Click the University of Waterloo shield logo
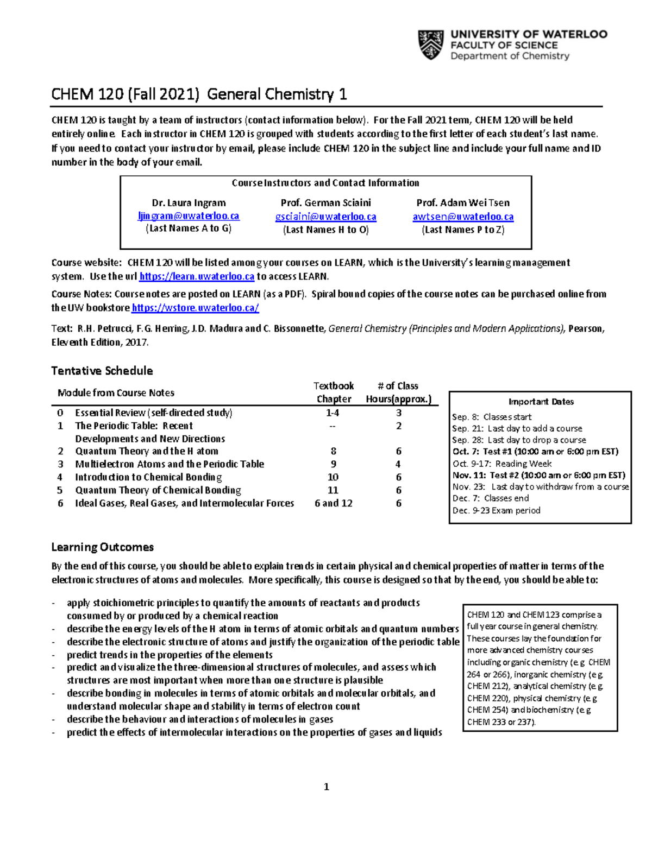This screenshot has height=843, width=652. pyautogui.click(x=430, y=45)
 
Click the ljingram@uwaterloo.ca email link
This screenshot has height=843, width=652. pyautogui.click(x=189, y=216)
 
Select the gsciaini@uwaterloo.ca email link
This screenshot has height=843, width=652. pyautogui.click(x=325, y=217)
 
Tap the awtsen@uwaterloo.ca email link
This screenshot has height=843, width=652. pyautogui.click(x=463, y=217)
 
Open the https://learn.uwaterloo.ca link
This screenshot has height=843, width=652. pyautogui.click(x=197, y=276)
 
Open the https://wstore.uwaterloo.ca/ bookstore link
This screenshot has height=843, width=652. pyautogui.click(x=195, y=308)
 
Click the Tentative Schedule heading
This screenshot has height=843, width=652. pyautogui.click(x=102, y=371)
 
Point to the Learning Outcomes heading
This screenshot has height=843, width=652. pyautogui.click(x=102, y=547)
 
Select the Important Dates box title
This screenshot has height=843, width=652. pyautogui.click(x=541, y=402)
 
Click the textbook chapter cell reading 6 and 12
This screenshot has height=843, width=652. pyautogui.click(x=333, y=503)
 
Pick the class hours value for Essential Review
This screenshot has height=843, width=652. pyautogui.click(x=398, y=413)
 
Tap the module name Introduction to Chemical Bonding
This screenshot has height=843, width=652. pyautogui.click(x=148, y=477)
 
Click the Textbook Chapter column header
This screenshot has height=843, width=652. pyautogui.click(x=333, y=392)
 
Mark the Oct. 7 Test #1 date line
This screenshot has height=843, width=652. pyautogui.click(x=535, y=452)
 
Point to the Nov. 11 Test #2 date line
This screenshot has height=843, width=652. pyautogui.click(x=538, y=475)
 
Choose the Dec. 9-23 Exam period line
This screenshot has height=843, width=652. pyautogui.click(x=496, y=510)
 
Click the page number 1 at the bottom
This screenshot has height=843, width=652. pyautogui.click(x=326, y=787)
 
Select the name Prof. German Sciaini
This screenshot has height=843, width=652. pyautogui.click(x=325, y=203)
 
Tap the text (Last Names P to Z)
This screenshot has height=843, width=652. pyautogui.click(x=463, y=230)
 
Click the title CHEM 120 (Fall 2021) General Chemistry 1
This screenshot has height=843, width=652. pyautogui.click(x=199, y=94)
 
